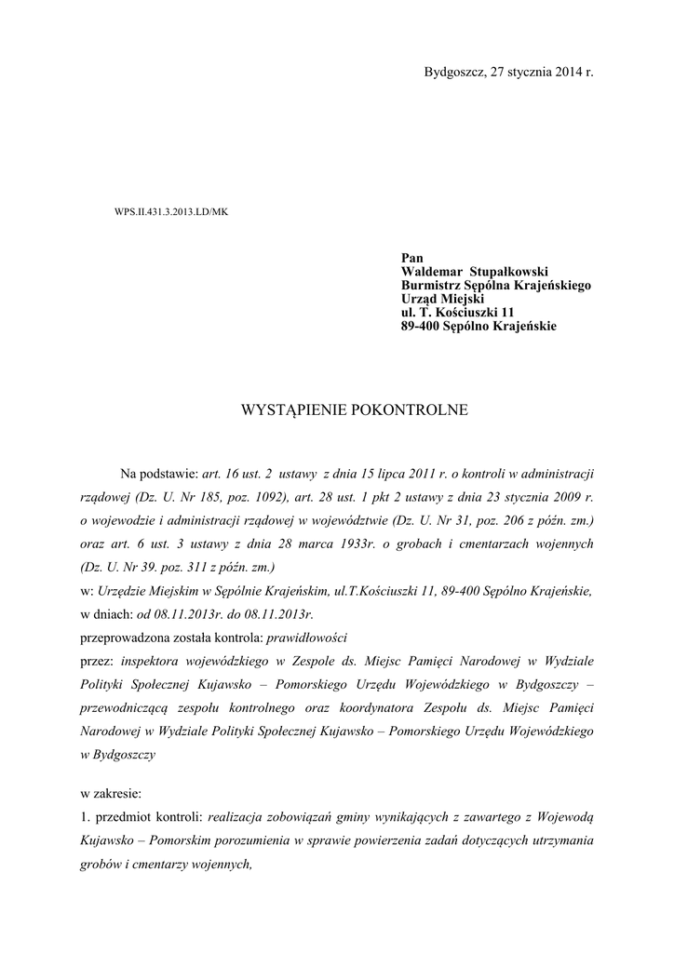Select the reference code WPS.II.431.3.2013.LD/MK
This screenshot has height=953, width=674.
point(170,211)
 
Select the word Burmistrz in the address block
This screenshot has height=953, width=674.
point(432,286)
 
